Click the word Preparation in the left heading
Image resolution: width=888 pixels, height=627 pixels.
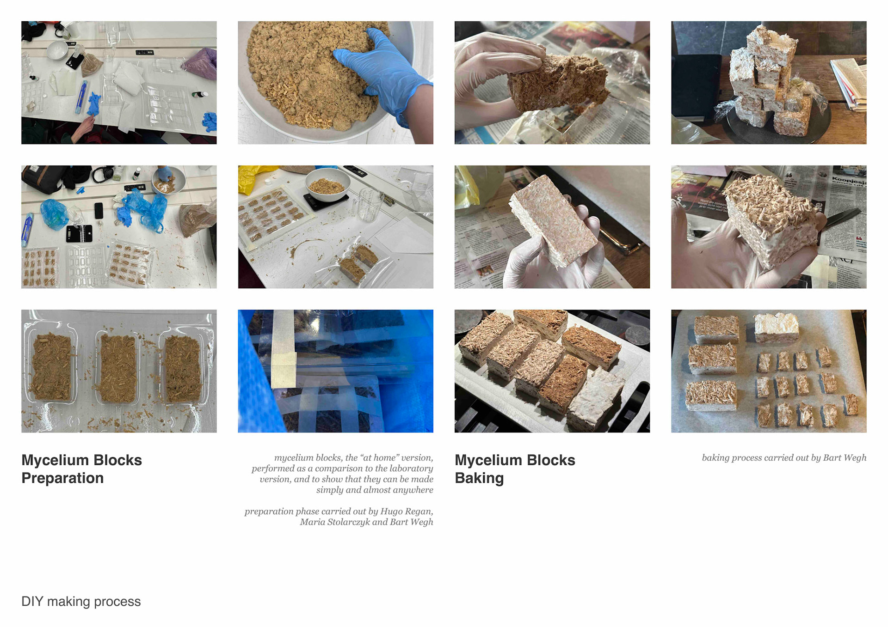62,478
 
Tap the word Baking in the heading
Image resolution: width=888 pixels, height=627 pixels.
479,478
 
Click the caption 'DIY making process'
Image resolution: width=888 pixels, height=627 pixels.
81,602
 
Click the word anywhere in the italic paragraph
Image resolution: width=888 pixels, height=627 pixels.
413,490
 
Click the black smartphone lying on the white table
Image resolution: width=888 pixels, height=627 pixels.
99,210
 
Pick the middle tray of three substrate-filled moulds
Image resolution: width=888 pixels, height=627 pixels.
118,368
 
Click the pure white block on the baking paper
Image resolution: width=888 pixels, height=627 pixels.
777,328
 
